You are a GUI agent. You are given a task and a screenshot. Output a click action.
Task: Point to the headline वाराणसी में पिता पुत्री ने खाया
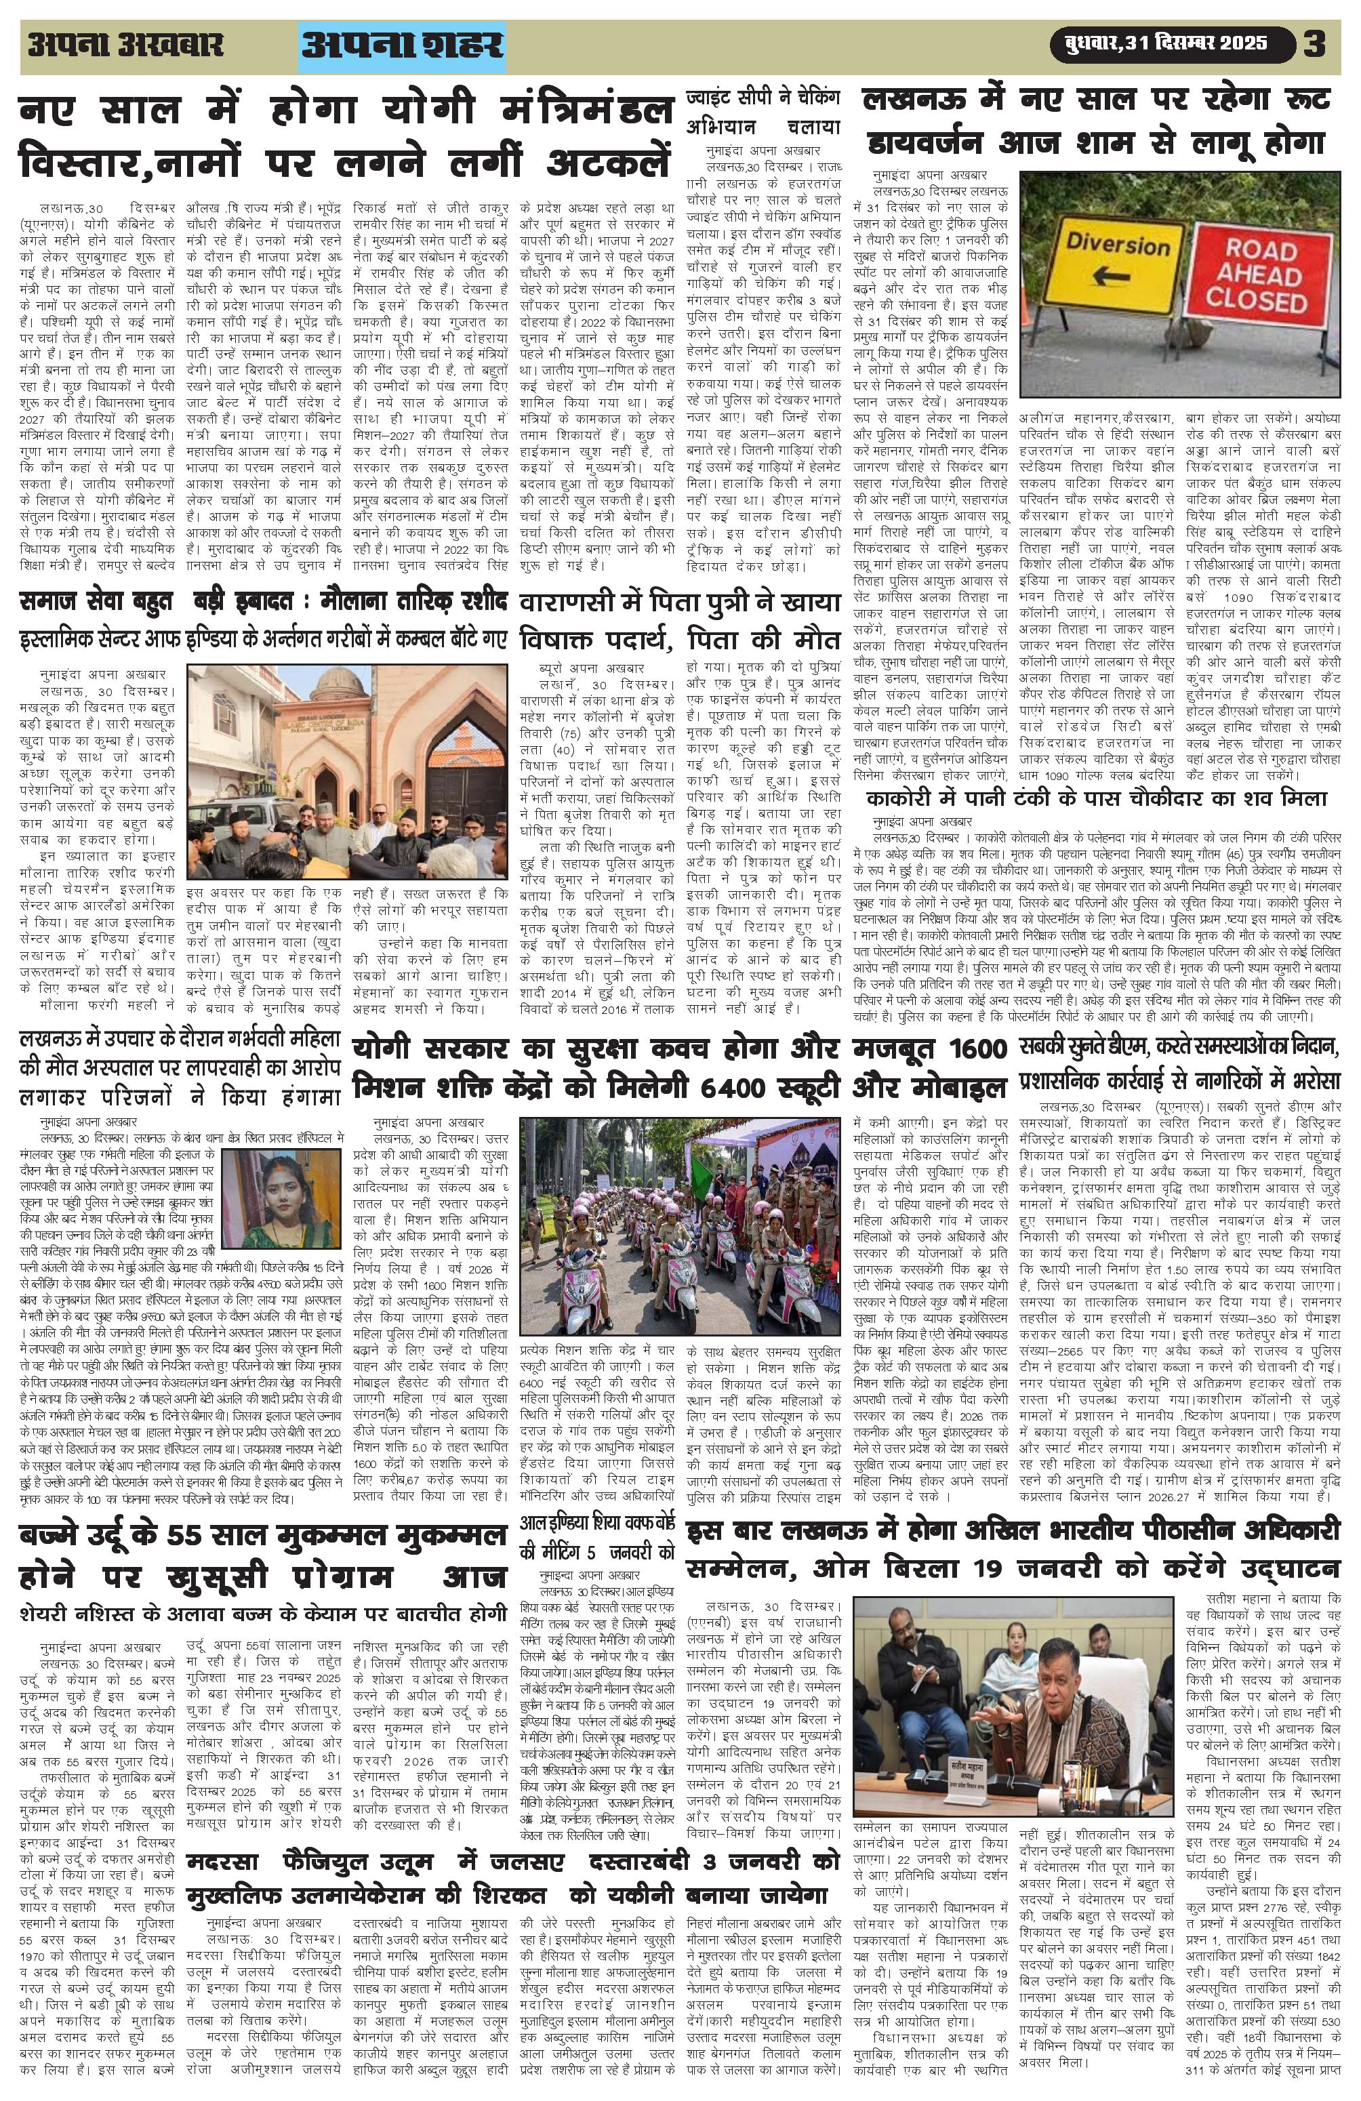tap(680, 603)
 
